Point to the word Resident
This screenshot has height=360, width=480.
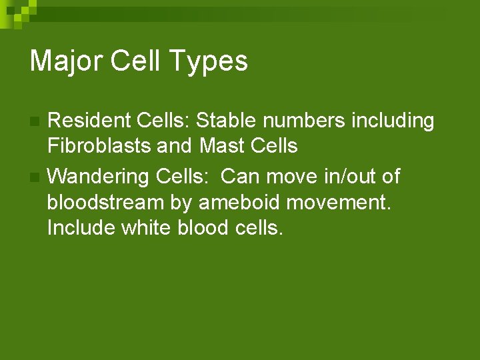pos(89,121)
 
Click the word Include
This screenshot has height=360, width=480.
pos(81,227)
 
